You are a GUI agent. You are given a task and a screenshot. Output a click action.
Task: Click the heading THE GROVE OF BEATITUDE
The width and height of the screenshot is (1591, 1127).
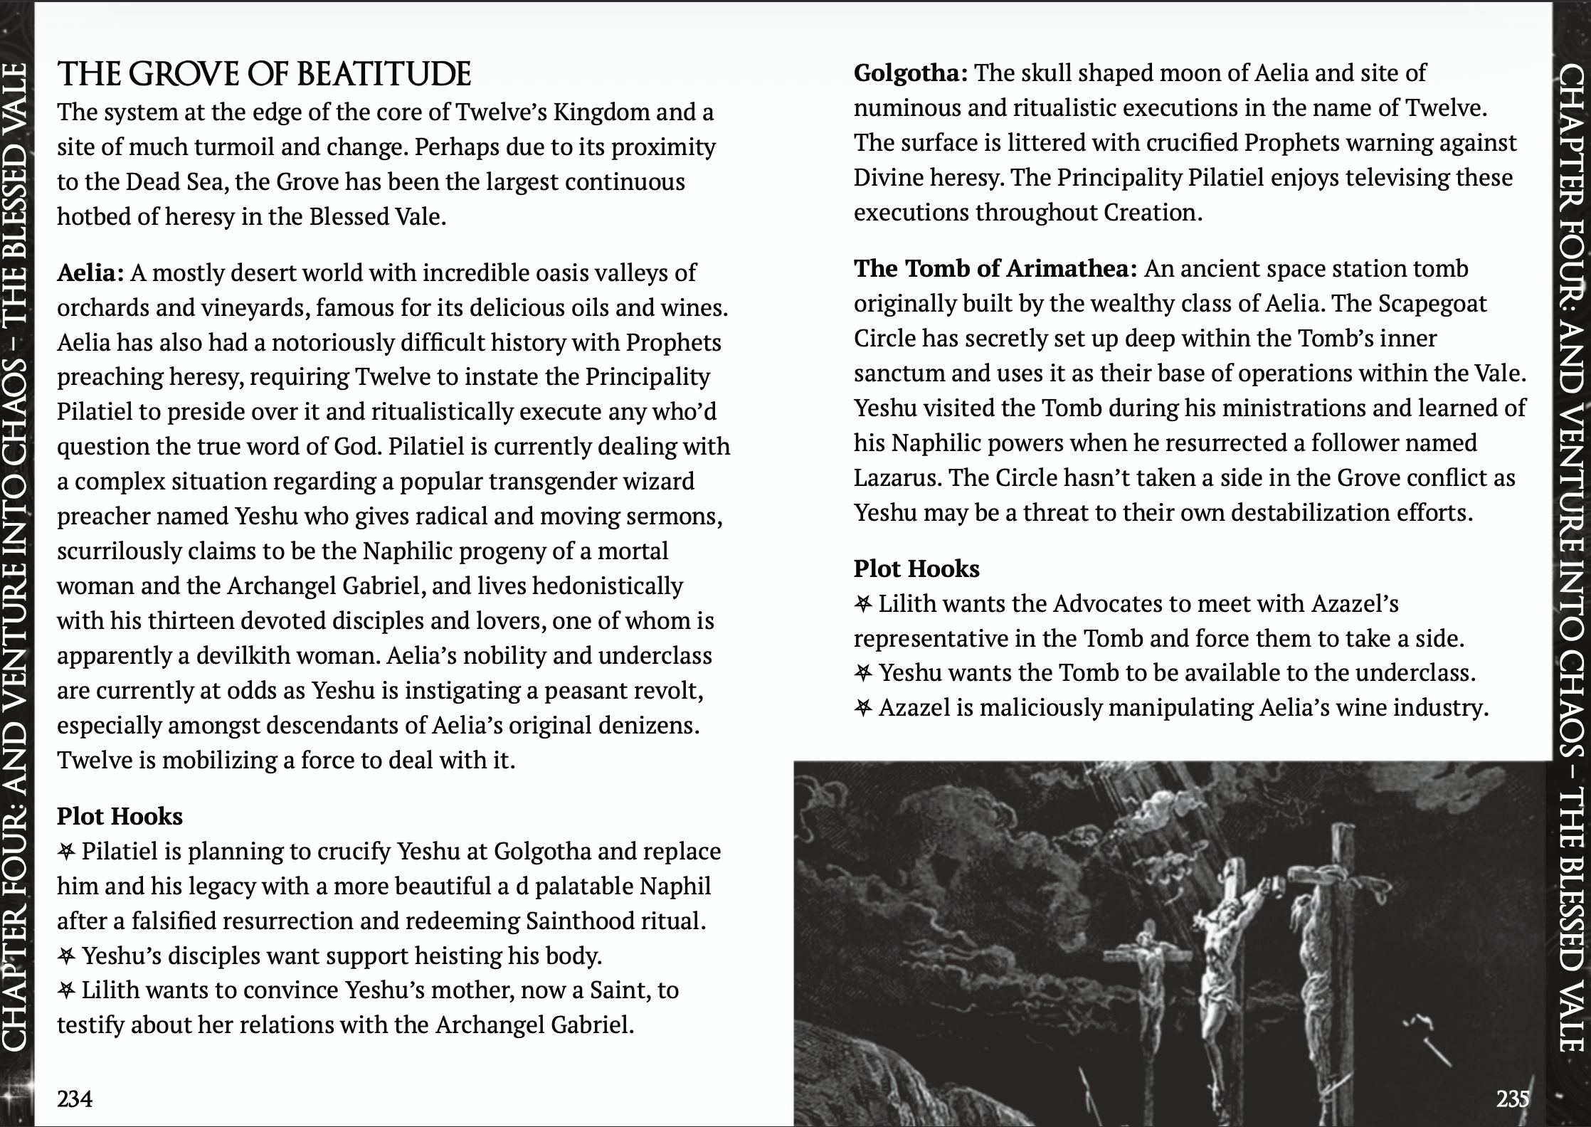(264, 74)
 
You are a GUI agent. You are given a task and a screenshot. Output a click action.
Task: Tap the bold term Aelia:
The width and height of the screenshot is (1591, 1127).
(91, 273)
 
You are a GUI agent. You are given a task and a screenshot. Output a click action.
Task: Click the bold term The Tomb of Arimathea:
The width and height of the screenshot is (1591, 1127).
(995, 269)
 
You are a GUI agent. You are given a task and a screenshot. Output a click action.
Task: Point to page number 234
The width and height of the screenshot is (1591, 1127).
(75, 1099)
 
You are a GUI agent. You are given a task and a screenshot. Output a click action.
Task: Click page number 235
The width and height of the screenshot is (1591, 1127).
(1513, 1099)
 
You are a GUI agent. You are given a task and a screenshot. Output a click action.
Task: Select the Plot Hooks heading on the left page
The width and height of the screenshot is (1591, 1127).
(120, 816)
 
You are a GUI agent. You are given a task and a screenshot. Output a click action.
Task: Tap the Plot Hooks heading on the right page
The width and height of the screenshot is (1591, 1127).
(916, 568)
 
